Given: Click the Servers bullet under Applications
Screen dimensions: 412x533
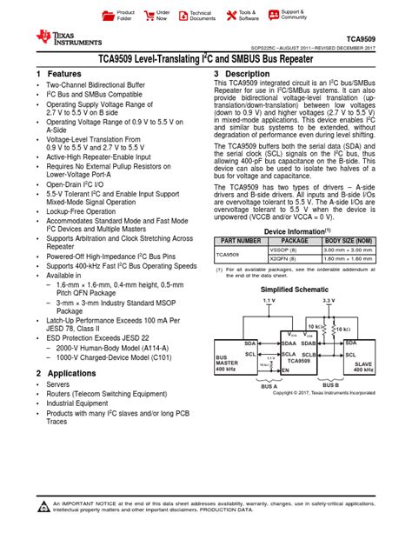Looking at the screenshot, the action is pyautogui.click(x=57, y=383).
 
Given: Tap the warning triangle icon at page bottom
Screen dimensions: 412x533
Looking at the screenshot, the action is pyautogui.click(x=43, y=507).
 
